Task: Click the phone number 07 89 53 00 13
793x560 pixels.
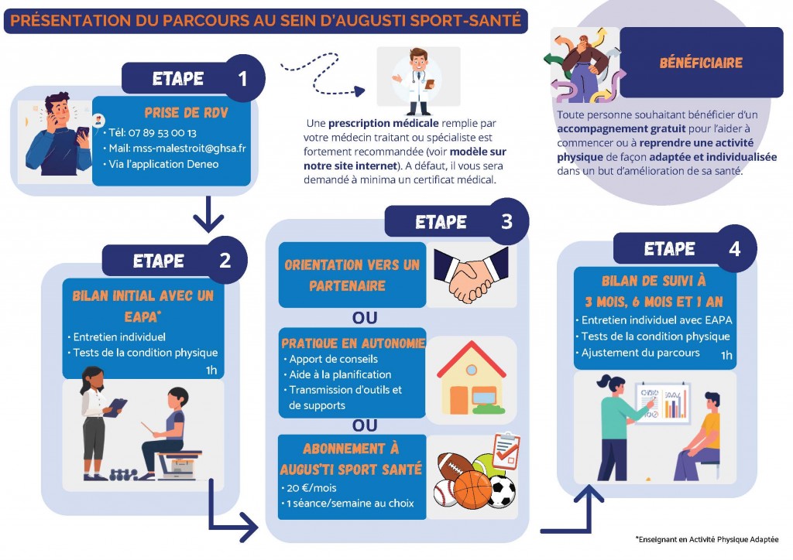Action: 163,133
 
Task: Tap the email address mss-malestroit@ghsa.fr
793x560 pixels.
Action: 189,148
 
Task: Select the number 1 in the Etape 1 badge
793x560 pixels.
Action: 242,79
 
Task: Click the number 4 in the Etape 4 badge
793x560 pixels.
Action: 734,249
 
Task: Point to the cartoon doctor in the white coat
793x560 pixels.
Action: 419,81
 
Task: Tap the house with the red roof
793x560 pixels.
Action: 472,377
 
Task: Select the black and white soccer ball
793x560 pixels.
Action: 502,491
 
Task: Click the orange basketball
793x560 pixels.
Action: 472,490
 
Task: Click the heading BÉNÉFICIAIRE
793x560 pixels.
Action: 701,63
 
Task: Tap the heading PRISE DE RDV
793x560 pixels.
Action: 186,113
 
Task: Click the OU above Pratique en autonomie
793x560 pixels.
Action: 365,318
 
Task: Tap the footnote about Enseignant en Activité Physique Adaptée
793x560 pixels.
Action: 707,539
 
